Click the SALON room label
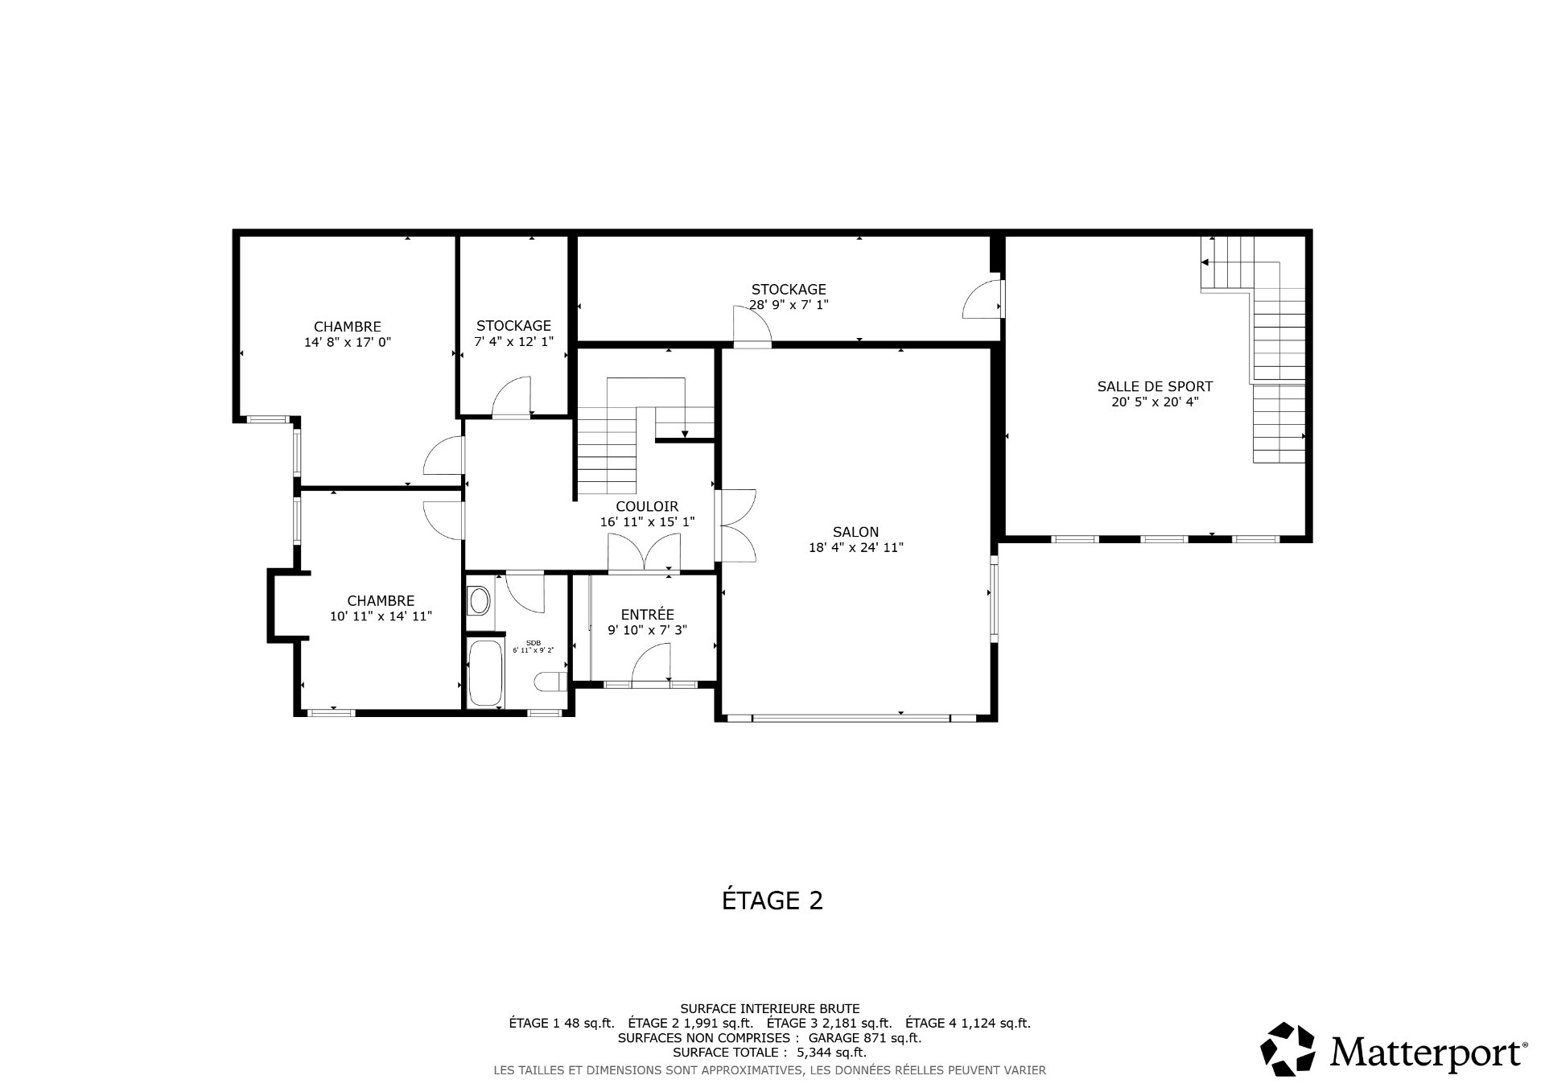click(x=855, y=532)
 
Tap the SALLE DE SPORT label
click(x=1155, y=386)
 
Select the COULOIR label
click(x=647, y=506)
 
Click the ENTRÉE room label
click(x=647, y=615)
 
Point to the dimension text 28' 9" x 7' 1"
click(x=789, y=305)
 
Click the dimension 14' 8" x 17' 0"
click(x=348, y=342)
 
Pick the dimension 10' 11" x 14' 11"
click(x=381, y=616)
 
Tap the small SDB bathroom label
click(x=533, y=642)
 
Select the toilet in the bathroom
click(x=550, y=682)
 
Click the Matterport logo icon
click(x=1287, y=1049)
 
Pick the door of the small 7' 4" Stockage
click(x=512, y=396)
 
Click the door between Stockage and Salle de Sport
click(x=983, y=298)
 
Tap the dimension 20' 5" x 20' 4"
click(x=1155, y=402)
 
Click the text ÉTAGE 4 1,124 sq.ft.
click(x=968, y=1024)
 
